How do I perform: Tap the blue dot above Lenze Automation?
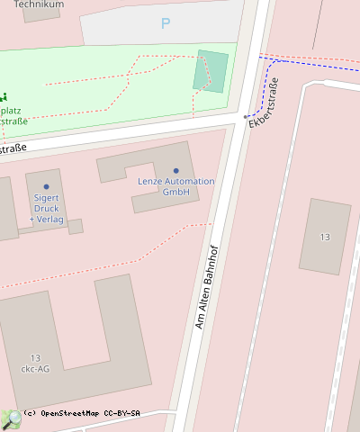176,171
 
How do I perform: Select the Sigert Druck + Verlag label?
46,208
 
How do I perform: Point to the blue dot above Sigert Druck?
46,186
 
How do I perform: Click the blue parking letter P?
165,23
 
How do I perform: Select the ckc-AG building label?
35,368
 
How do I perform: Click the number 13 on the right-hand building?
325,237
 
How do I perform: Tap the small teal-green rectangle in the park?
211,72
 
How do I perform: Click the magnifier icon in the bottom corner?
11,419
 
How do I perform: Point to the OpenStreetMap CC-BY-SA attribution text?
81,413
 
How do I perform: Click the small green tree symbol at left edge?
4,96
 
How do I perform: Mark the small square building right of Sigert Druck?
76,226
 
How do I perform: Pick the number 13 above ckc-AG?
35,357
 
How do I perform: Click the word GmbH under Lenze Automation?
175,192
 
